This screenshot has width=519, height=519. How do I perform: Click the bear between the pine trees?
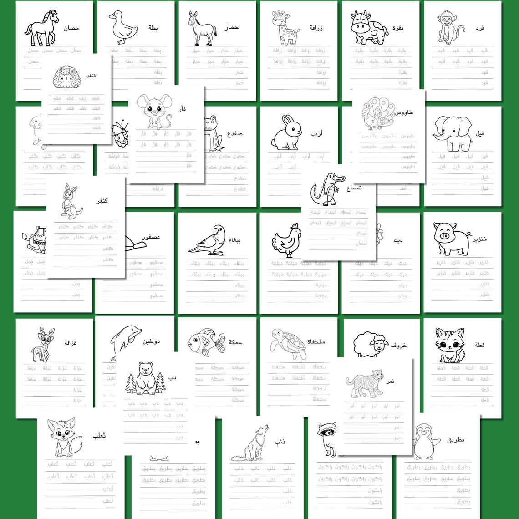146,377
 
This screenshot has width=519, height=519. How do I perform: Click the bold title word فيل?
480,133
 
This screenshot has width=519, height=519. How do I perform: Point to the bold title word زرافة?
315,28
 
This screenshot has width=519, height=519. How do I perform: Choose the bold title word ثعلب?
99,436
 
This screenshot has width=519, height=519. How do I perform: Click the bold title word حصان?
72,28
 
